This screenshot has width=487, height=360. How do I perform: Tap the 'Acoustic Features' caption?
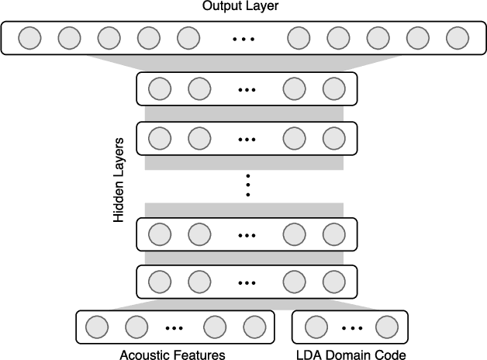point(173,354)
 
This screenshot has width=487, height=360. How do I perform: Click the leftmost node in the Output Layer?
point(29,38)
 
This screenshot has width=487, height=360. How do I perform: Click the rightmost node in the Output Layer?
point(458,38)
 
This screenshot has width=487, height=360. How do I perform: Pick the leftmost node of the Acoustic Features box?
point(97,326)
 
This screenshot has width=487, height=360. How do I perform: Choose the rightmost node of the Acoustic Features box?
point(253,326)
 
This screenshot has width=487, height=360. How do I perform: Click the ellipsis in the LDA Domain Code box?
point(349,327)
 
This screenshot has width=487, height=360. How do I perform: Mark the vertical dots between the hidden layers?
point(247,185)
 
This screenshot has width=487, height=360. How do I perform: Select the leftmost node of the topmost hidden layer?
point(159,89)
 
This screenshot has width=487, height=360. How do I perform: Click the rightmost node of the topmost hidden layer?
point(334,89)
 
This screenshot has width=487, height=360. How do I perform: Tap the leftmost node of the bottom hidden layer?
point(159,281)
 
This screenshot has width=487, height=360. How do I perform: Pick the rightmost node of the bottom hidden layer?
point(334,281)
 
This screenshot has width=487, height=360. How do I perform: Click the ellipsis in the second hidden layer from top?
point(247,139)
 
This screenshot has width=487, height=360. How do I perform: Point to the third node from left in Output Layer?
point(109,38)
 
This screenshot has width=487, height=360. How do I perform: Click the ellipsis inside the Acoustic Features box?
point(174,327)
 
